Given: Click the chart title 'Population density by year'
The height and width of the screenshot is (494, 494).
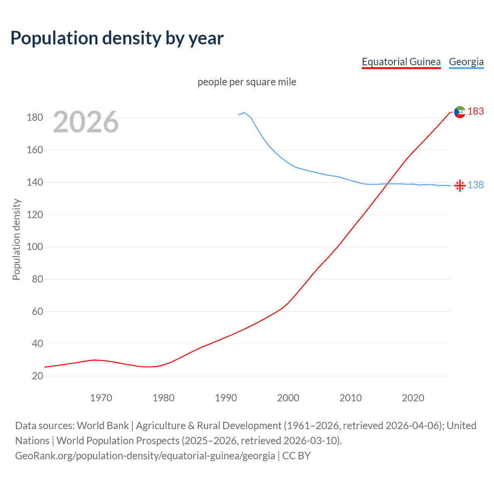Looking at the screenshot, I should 117,38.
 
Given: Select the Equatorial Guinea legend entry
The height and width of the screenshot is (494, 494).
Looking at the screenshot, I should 401,62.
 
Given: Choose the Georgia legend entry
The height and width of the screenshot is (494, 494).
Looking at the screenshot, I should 466,62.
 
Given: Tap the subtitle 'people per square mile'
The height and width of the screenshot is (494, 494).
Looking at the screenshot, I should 247,82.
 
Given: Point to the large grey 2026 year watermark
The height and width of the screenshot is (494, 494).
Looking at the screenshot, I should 86,122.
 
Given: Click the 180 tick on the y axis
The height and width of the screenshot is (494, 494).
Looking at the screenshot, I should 35,118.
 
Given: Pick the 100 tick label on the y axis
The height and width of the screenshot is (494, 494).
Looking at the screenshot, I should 35,247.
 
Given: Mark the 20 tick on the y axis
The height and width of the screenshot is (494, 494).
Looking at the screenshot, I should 37,376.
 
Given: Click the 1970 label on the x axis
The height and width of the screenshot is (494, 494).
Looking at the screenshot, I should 101,398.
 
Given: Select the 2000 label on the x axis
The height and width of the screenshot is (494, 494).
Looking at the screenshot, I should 288,398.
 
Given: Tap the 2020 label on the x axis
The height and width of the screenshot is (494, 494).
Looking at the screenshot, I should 413,398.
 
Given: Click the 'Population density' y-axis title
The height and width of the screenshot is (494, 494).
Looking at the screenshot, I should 16,239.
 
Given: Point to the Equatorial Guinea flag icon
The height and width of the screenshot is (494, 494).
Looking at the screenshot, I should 460,112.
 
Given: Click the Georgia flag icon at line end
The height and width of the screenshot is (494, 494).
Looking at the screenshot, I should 460,186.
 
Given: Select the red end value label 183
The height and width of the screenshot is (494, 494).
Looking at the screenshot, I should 475,112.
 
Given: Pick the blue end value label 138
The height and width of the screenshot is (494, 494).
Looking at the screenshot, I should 475,185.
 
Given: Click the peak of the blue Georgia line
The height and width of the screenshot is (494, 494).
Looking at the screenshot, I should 244,113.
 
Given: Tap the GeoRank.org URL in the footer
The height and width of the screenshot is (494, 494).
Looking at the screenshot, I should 145,456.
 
